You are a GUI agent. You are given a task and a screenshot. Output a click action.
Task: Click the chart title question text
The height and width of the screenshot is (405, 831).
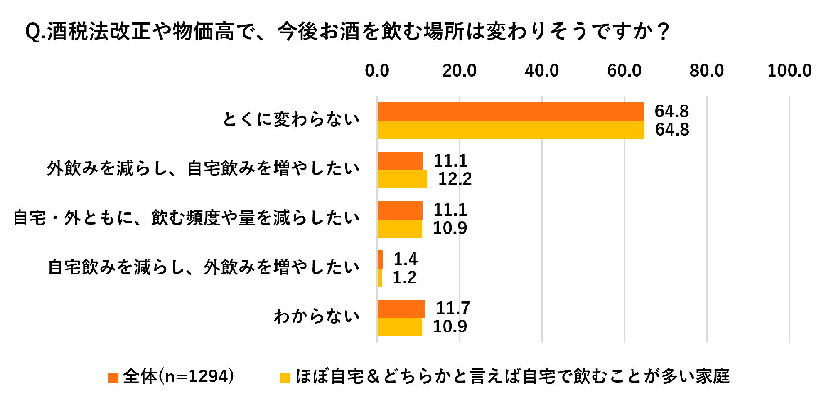[x=347, y=32]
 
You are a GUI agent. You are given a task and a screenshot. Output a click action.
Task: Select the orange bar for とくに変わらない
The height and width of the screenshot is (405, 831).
[x=511, y=111]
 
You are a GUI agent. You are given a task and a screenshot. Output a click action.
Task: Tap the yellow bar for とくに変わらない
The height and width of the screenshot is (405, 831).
[x=511, y=130]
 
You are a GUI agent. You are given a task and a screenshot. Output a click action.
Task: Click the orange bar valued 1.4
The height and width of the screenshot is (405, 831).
[x=380, y=259]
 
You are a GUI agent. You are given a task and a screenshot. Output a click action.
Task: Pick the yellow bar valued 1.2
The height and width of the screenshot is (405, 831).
[x=380, y=278]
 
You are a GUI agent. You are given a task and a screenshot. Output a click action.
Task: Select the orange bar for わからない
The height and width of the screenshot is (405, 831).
[x=401, y=309]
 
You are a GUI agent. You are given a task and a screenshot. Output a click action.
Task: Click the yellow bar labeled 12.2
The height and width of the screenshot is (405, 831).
[x=402, y=179]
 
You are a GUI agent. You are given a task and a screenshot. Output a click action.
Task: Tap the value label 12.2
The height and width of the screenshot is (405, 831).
[x=455, y=179]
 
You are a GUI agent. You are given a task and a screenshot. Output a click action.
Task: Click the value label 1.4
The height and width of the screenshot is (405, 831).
[x=406, y=259]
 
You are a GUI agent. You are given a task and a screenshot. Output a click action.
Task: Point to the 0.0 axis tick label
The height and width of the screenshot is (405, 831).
[x=377, y=71]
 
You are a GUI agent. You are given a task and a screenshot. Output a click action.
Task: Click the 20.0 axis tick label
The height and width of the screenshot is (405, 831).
[x=459, y=71]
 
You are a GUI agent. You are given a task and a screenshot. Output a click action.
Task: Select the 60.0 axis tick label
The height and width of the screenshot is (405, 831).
[x=624, y=71]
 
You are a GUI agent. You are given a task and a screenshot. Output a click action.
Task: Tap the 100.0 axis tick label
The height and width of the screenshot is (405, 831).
[x=789, y=71]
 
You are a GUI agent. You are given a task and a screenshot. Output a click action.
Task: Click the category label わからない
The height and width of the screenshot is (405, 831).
[x=317, y=316]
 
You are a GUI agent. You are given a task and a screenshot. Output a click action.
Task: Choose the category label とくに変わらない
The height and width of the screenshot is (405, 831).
[x=291, y=119]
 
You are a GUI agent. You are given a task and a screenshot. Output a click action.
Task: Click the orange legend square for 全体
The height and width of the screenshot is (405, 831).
[x=113, y=378]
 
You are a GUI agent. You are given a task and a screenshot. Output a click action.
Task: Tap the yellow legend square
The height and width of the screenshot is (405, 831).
[x=285, y=378]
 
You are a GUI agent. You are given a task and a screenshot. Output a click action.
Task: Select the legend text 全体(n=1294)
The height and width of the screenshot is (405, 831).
[x=179, y=377]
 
